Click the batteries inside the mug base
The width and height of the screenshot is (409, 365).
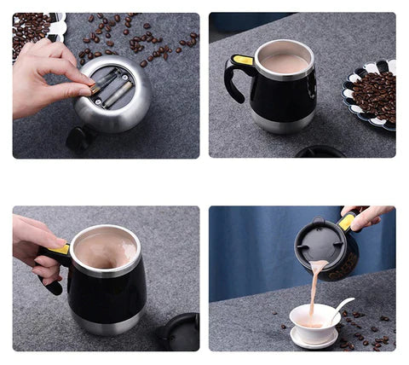pos(113,87)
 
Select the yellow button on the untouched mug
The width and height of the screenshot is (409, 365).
pos(242,61)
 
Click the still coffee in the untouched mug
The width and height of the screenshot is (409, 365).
pos(284,63)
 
